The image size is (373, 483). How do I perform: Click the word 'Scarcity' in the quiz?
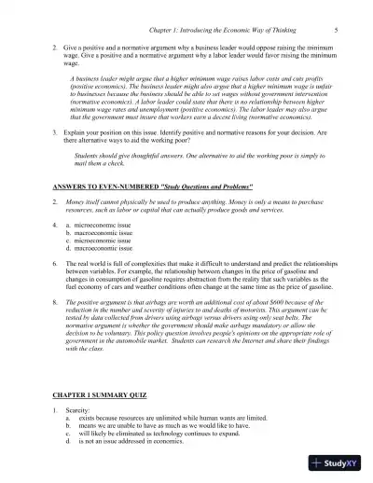pyautogui.click(x=79, y=413)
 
